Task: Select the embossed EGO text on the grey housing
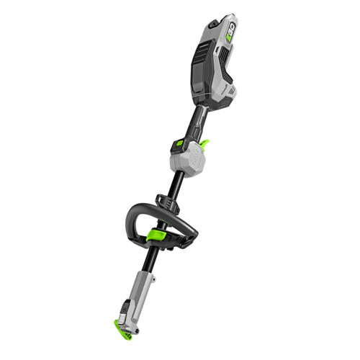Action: tap(192, 159)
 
